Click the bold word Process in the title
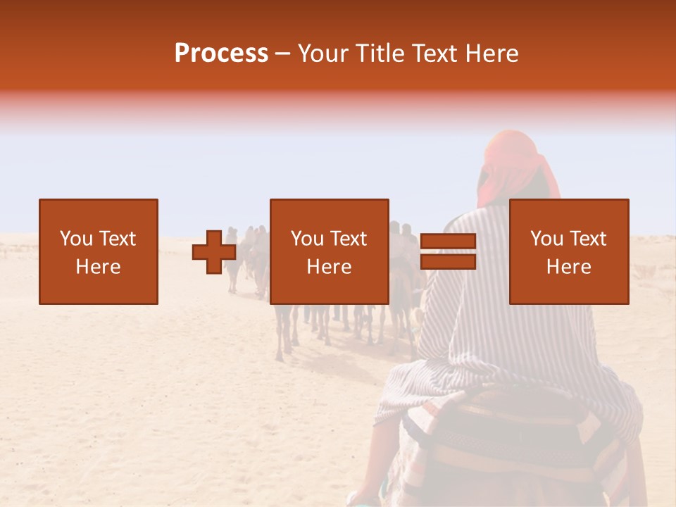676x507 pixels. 221,54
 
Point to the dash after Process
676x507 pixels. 282,54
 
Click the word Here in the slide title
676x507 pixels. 492,54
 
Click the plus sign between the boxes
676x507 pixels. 214,252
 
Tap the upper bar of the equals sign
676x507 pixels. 448,242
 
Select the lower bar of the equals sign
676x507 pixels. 448,262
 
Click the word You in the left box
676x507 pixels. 75,239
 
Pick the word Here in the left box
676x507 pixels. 98,267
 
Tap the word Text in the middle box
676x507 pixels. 348,239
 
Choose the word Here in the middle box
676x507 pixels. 329,267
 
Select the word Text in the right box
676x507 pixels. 587,239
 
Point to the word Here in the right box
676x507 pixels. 568,267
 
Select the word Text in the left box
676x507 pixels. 117,239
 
